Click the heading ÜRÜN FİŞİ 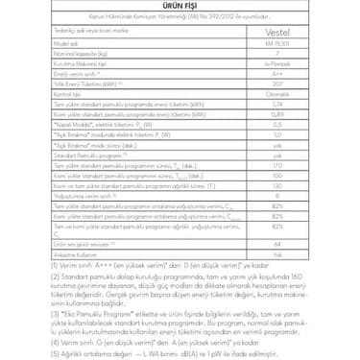pos(179,7)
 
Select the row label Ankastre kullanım pos(76,254)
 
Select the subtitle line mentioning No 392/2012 pos(179,18)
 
